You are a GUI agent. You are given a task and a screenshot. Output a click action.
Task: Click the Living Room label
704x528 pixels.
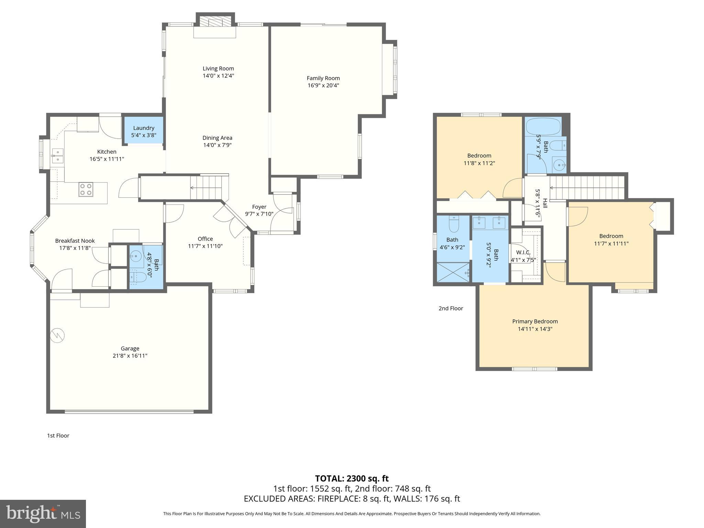[x=218, y=68]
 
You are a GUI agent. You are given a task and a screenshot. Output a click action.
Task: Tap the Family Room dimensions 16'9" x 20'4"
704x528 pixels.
[x=323, y=86]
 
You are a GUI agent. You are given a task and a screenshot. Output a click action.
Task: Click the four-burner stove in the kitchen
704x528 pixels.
[x=86, y=189]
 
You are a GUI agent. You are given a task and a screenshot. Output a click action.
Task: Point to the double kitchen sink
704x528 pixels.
[x=57, y=155]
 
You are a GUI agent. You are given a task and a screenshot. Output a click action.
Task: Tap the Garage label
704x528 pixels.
[x=130, y=348]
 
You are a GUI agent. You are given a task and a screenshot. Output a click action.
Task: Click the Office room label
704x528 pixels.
[x=205, y=239]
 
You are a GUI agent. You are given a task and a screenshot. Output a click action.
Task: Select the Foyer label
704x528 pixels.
[x=259, y=207]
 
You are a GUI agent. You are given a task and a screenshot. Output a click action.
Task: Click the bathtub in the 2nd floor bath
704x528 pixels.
[x=543, y=126]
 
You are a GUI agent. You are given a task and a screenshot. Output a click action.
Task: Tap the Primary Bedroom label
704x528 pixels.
[x=535, y=321]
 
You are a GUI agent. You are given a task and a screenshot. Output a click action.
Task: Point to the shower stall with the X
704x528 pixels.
[x=453, y=272]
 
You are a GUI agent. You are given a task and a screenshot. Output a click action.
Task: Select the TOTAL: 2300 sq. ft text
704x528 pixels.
[x=352, y=478]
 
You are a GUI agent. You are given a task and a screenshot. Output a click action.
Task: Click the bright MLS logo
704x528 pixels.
[x=43, y=514]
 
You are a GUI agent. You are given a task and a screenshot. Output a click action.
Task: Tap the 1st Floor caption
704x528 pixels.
[x=58, y=436]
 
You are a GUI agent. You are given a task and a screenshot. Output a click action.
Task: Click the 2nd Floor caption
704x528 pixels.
[x=451, y=308]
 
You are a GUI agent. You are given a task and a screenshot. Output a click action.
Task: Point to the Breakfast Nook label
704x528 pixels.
[x=75, y=241]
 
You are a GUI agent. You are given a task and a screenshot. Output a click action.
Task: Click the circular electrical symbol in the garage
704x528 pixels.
[x=57, y=335]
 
